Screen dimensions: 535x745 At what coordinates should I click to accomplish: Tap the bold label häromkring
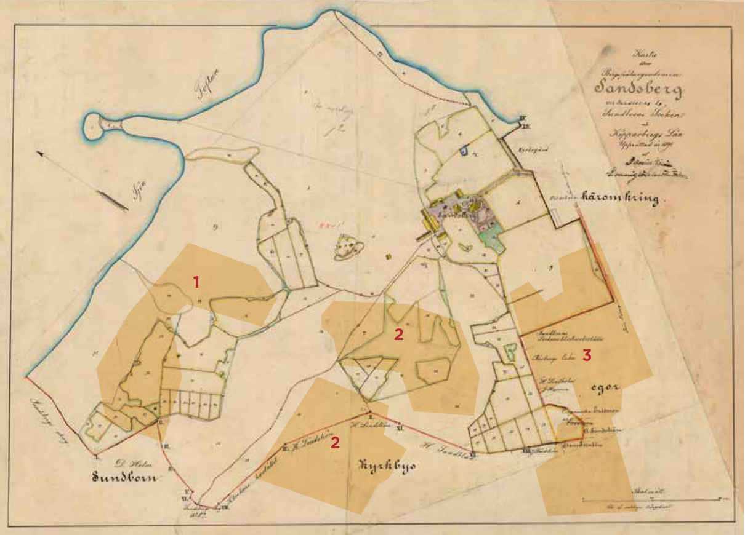[624, 199]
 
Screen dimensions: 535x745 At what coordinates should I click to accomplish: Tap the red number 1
[196, 282]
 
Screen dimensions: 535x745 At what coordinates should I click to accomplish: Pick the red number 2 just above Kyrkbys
[335, 443]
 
